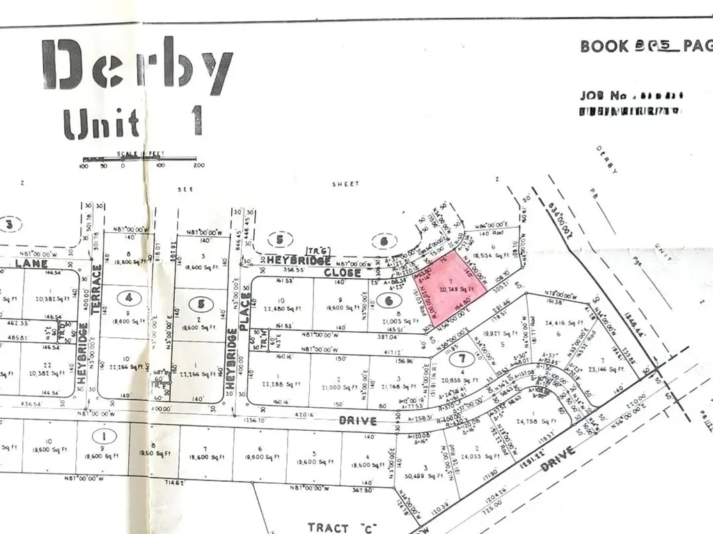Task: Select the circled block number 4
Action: tap(128, 298)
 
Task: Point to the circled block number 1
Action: tap(104, 437)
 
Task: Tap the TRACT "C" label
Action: tap(339, 527)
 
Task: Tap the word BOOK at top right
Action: tap(604, 47)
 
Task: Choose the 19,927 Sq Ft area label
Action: tap(496, 334)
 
